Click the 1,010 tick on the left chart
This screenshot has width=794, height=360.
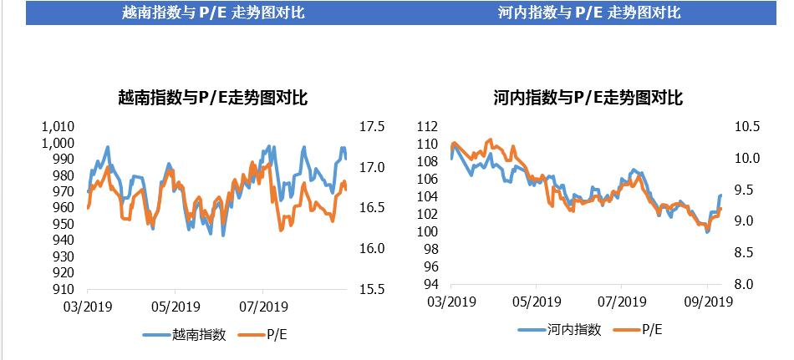click(58, 127)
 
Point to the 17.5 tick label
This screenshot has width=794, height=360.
click(371, 127)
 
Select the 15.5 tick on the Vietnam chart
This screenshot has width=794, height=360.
click(371, 289)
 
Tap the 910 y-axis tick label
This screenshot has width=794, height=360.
click(62, 289)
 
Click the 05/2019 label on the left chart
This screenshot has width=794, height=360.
click(174, 307)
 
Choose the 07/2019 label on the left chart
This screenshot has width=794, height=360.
click(262, 307)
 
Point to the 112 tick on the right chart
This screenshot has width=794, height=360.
click(427, 127)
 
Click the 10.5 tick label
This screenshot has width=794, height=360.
click(746, 127)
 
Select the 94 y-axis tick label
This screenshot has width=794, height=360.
click(430, 284)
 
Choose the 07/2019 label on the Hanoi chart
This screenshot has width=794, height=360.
click(620, 302)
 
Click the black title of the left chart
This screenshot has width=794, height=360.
click(214, 99)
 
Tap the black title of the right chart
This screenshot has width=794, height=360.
click(588, 99)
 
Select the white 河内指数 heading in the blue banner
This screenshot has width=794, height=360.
click(588, 13)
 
